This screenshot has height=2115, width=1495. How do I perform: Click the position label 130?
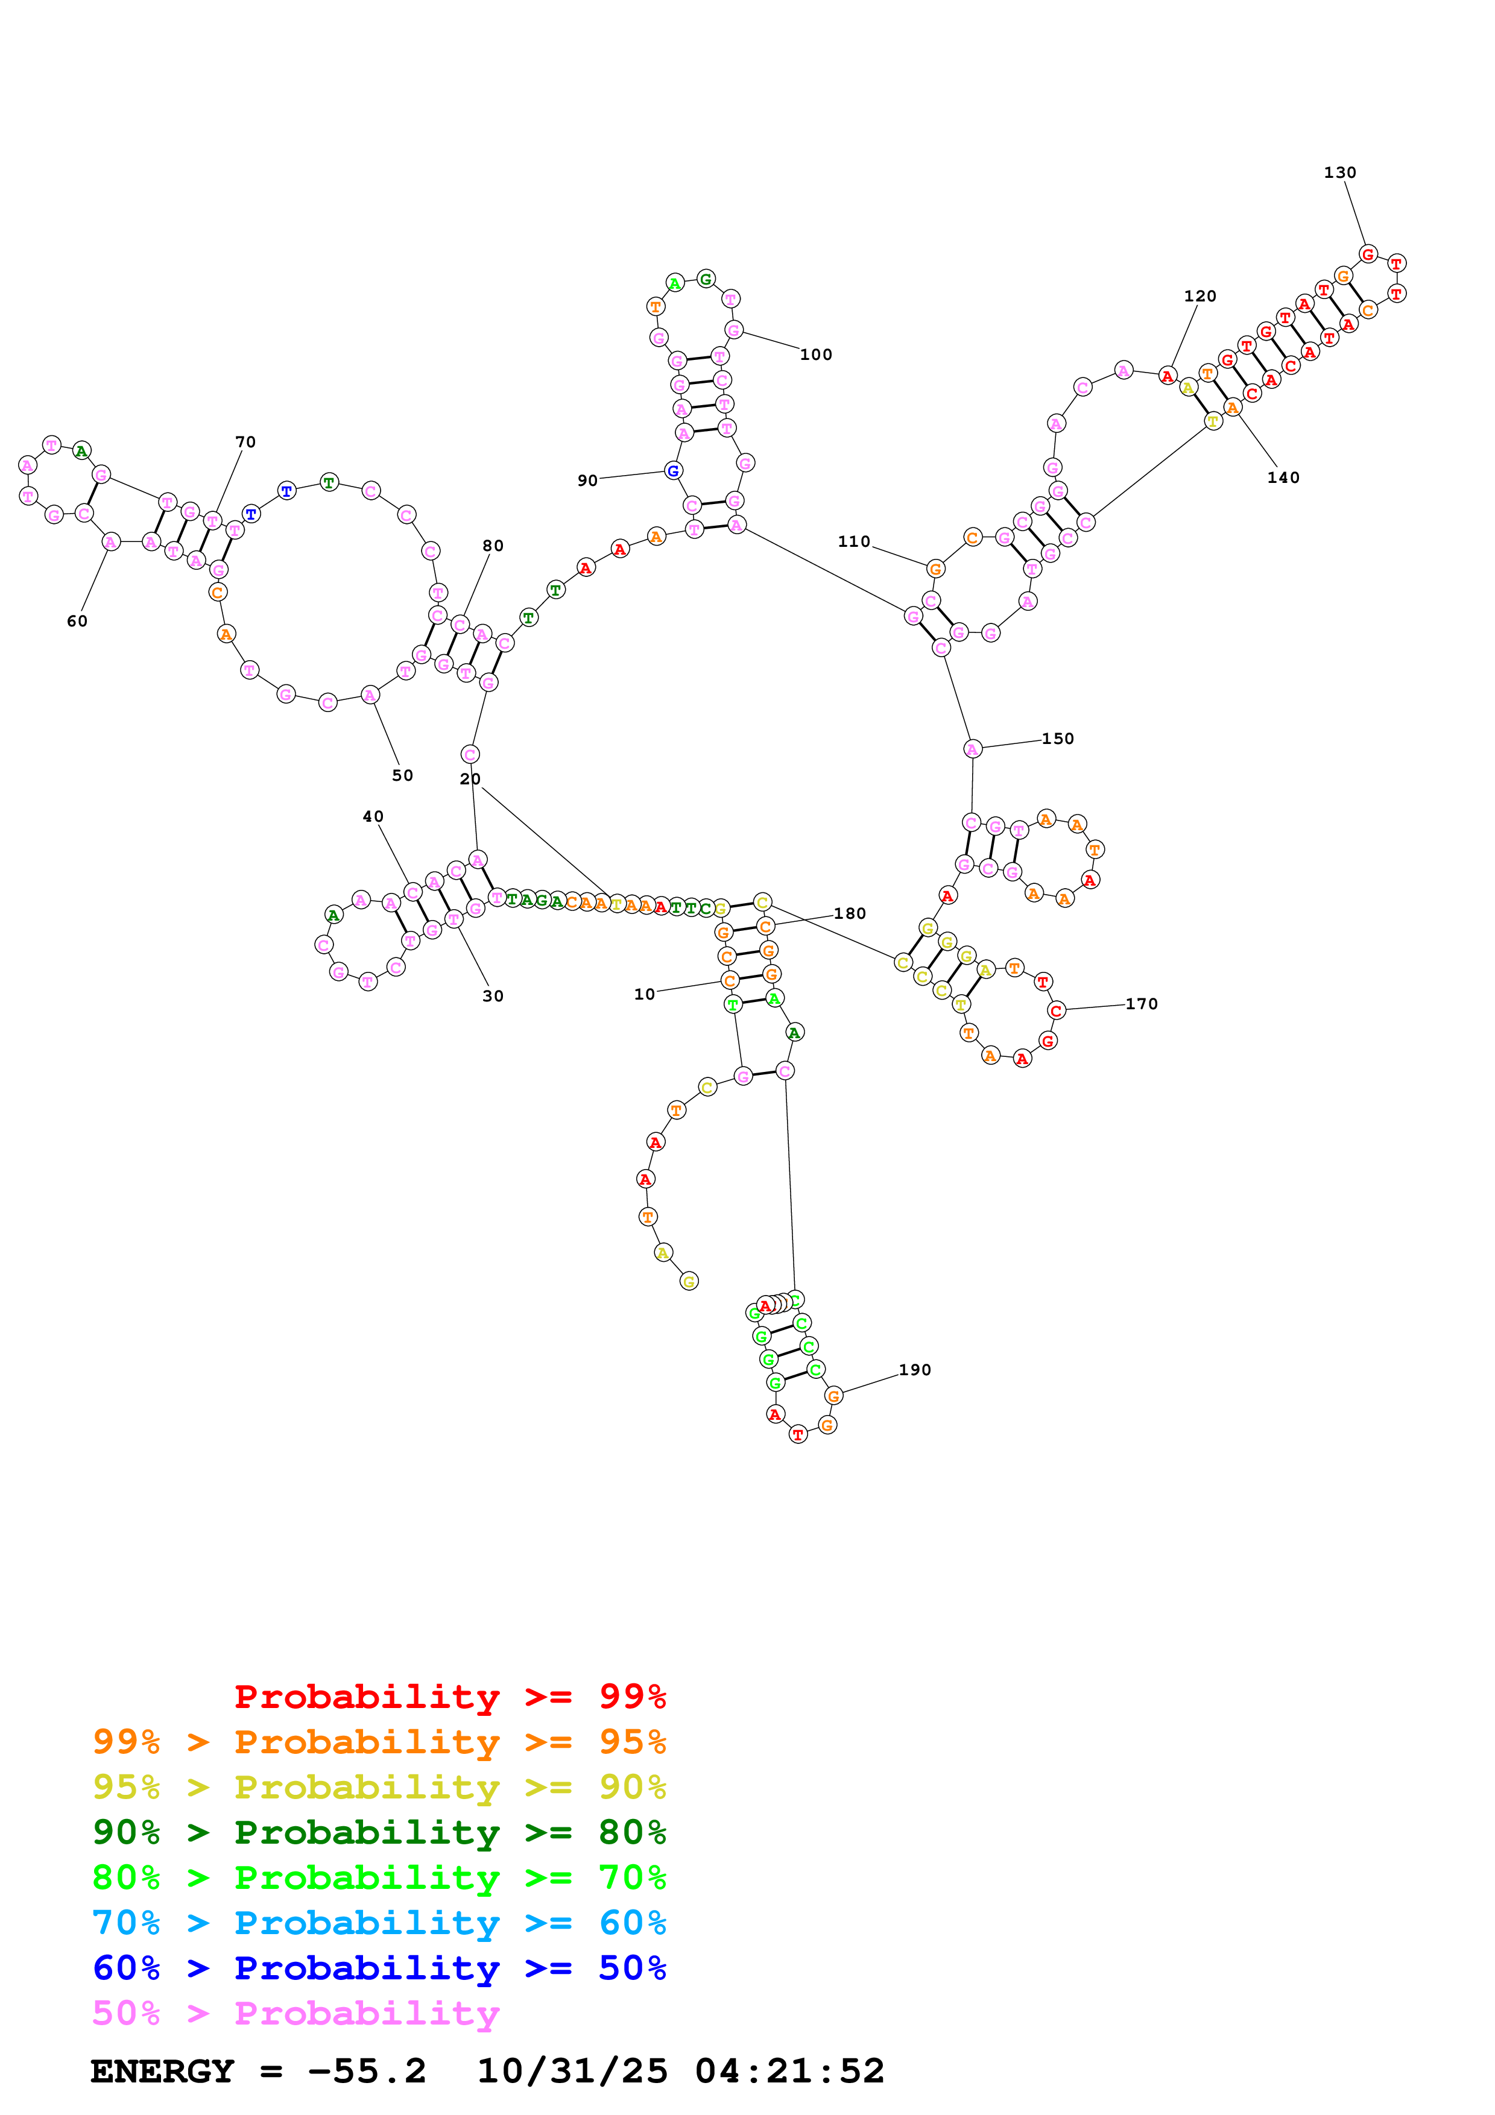pos(1339,173)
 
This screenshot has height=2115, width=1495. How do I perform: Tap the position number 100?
pos(815,355)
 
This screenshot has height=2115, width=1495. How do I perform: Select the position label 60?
pos(77,621)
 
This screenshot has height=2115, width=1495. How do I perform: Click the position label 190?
pos(915,1370)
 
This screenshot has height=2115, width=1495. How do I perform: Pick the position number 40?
pos(373,816)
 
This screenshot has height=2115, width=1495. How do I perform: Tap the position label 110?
pos(854,541)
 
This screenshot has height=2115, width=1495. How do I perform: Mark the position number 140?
pos(1283,477)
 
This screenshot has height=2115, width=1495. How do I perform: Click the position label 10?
pos(644,994)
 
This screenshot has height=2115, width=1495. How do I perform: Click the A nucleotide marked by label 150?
pos(973,749)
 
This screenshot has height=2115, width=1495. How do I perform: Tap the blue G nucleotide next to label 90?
pos(674,471)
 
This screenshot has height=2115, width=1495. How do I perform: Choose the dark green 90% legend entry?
pos(379,1832)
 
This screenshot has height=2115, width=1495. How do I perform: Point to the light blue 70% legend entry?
pos(379,1923)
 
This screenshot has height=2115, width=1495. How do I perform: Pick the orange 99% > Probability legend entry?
pos(379,1742)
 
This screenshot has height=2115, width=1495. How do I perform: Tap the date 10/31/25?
pos(572,2071)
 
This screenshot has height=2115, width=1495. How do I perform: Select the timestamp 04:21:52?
pos(789,2071)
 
